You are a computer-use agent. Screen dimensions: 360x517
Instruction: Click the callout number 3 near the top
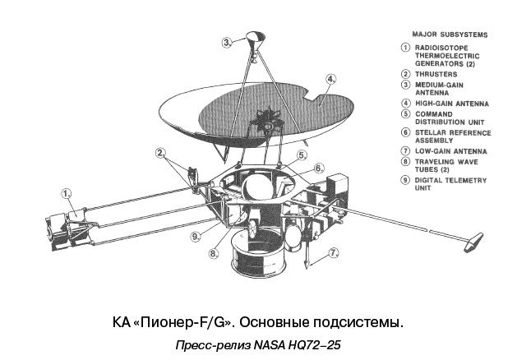(226, 41)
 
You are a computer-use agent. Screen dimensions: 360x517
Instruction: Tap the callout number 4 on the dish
(330, 81)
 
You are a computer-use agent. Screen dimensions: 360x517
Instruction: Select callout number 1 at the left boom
(65, 194)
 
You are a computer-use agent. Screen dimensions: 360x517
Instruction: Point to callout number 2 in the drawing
(161, 152)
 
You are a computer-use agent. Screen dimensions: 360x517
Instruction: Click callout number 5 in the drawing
(302, 154)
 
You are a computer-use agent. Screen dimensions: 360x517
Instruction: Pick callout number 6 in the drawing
(318, 168)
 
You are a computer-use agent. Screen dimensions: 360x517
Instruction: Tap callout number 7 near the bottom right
(334, 253)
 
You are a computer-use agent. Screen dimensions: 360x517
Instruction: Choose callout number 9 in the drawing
(195, 237)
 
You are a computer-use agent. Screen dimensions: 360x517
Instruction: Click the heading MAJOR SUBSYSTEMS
(449, 35)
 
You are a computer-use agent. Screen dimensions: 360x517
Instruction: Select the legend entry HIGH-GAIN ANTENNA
(452, 104)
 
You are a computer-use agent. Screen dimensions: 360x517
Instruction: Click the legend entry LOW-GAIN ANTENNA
(450, 151)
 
